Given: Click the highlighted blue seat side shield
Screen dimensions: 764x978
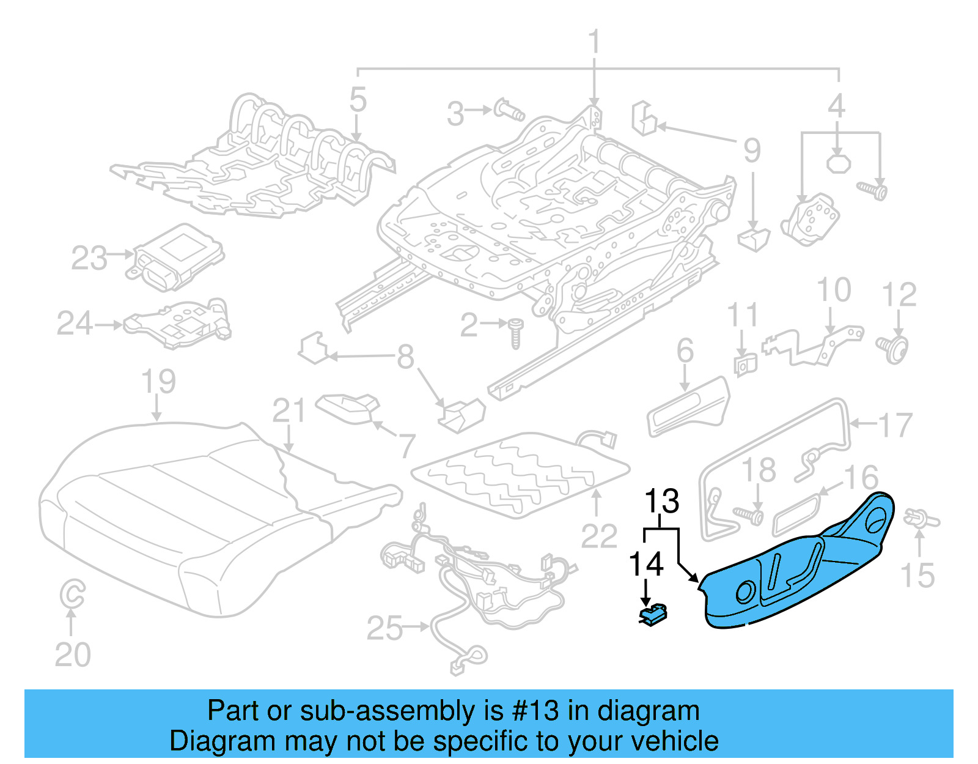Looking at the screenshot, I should coord(795,569).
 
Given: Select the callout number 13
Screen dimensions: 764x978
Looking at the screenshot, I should coord(662,502).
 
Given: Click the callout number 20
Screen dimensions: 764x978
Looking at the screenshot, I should coord(73,655).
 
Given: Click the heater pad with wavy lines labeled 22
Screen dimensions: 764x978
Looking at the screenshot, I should coord(520,474).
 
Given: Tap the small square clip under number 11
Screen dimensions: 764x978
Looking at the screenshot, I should coord(745,365).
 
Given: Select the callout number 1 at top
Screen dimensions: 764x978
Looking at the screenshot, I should coord(594,43).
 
